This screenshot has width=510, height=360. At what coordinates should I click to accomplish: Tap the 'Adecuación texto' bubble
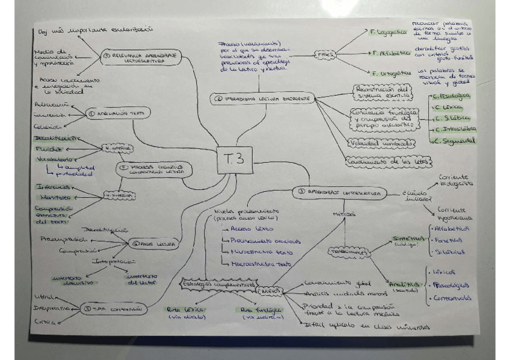tap(118, 112)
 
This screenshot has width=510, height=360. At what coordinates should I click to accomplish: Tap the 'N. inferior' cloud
tap(117, 148)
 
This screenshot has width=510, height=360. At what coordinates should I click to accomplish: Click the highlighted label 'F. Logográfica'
tap(385, 32)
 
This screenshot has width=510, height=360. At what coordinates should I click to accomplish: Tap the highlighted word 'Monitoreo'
tap(55, 197)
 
